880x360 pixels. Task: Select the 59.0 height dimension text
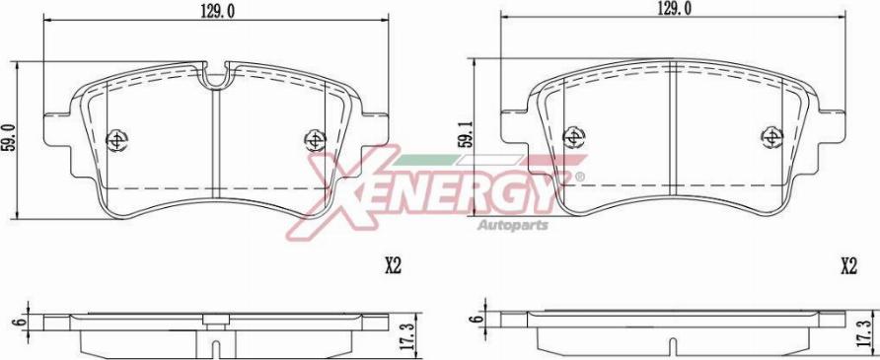(9, 138)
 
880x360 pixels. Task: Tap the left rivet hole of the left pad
(116, 140)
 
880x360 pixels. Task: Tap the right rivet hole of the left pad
(315, 140)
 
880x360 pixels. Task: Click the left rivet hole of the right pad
(573, 135)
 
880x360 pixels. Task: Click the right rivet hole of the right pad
(771, 135)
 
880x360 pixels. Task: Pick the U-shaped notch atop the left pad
(215, 76)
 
